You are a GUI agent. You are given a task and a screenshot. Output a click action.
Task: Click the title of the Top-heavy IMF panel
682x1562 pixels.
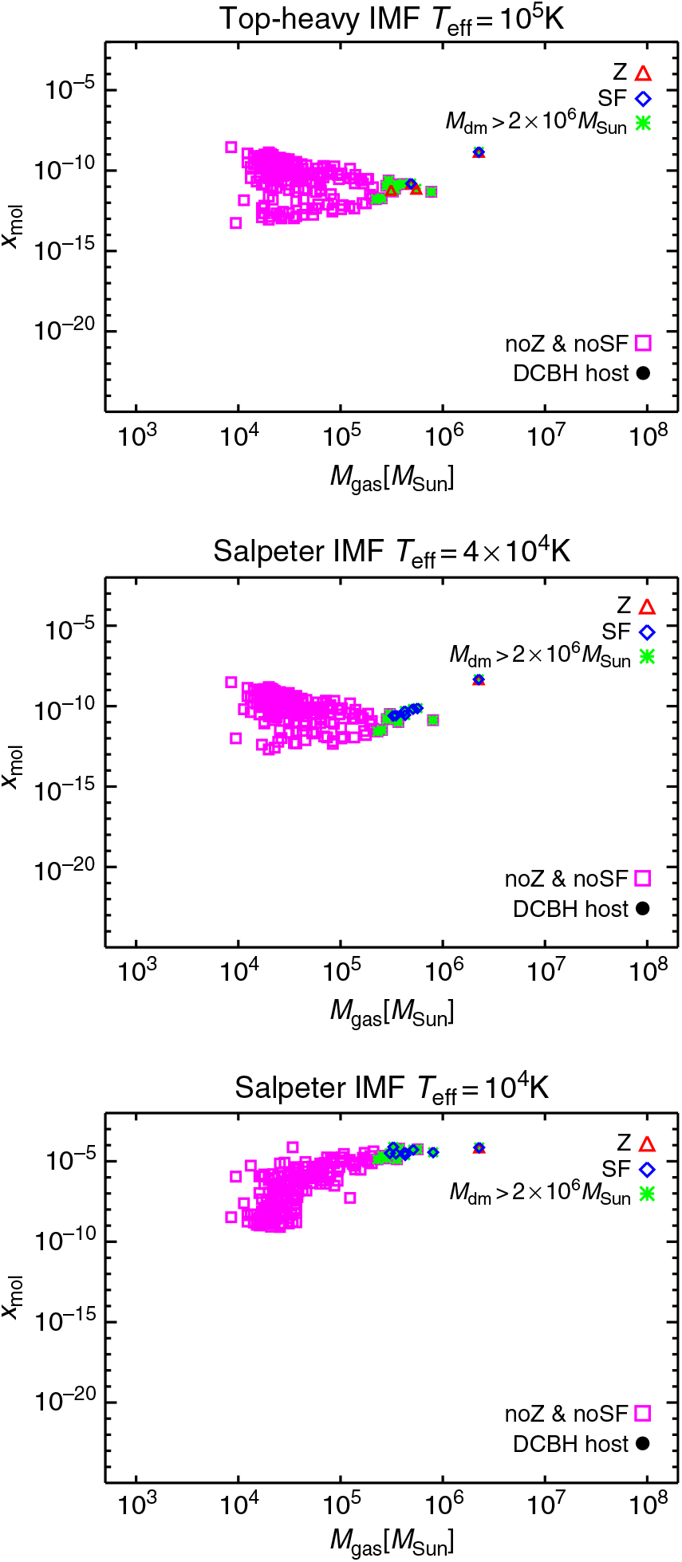(392, 19)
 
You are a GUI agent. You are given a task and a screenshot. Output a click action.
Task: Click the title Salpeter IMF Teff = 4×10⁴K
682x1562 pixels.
(392, 552)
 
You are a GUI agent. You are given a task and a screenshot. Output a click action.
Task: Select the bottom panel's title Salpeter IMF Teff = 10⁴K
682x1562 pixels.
(392, 1088)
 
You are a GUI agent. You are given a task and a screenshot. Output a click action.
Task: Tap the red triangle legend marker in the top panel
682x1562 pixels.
(644, 73)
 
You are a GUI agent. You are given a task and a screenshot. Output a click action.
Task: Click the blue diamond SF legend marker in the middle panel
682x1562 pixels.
(647, 632)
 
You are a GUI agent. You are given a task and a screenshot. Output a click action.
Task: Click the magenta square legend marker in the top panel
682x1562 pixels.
(644, 344)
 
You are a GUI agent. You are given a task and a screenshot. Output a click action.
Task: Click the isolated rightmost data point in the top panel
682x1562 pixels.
(479, 151)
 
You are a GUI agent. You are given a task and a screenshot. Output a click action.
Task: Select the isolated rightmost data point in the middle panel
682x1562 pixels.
(479, 680)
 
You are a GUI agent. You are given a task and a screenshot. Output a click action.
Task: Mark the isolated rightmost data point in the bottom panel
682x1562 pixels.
(479, 1148)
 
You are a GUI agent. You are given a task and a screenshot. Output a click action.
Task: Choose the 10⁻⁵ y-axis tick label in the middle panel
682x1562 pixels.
(69, 628)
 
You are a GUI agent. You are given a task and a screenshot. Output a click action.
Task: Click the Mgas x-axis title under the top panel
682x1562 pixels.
(392, 478)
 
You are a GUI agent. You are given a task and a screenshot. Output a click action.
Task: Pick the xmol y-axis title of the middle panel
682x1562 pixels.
(13, 767)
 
